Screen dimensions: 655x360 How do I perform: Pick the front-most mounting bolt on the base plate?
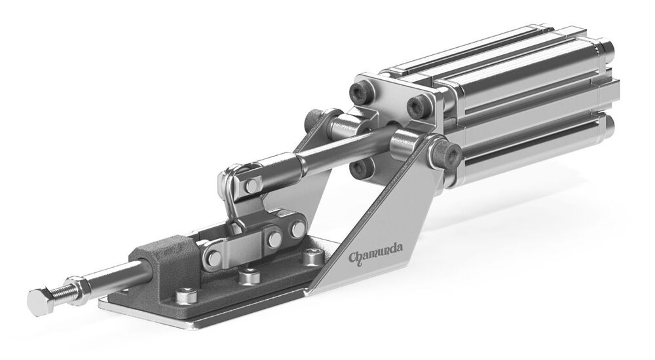point(186,296)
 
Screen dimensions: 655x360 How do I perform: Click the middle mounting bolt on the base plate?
point(250,276)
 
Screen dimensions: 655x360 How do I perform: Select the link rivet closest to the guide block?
point(214,258)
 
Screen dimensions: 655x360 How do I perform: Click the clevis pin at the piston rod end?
point(251,185)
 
